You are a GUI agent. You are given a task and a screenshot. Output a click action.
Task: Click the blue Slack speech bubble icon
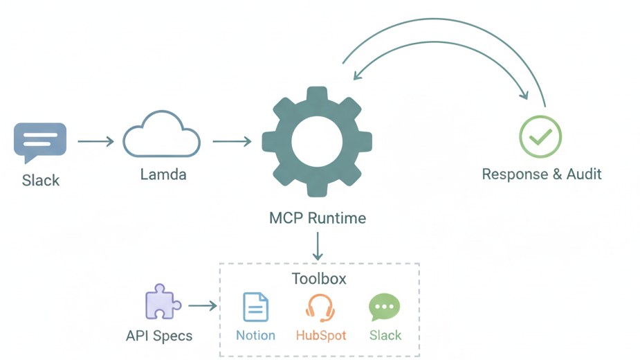(x=40, y=141)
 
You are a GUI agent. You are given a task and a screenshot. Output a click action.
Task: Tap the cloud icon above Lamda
(x=162, y=136)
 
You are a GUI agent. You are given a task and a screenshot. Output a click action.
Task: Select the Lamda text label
(x=163, y=174)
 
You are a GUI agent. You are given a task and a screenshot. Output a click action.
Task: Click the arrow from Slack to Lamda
(x=95, y=142)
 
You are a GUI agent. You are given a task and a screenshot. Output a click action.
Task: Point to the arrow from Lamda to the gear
(x=231, y=142)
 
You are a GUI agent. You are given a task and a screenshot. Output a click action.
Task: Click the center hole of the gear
(x=317, y=142)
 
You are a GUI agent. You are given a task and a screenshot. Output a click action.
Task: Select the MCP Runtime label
(x=318, y=218)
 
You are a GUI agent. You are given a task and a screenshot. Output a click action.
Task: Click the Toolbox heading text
(x=319, y=279)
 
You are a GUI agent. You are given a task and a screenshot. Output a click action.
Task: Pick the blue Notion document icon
(x=255, y=307)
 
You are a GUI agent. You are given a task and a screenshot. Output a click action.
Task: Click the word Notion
(x=255, y=336)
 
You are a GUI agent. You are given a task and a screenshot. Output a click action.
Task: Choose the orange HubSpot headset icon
(x=320, y=307)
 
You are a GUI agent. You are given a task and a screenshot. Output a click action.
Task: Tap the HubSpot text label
(x=321, y=336)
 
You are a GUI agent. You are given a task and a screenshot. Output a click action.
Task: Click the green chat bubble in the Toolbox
(x=384, y=307)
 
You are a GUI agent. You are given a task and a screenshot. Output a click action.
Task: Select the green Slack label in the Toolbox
(x=385, y=336)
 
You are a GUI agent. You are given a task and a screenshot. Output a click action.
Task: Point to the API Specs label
(x=159, y=336)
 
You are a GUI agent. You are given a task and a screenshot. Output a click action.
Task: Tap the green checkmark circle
(x=540, y=137)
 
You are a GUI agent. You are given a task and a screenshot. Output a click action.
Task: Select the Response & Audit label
(x=542, y=174)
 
